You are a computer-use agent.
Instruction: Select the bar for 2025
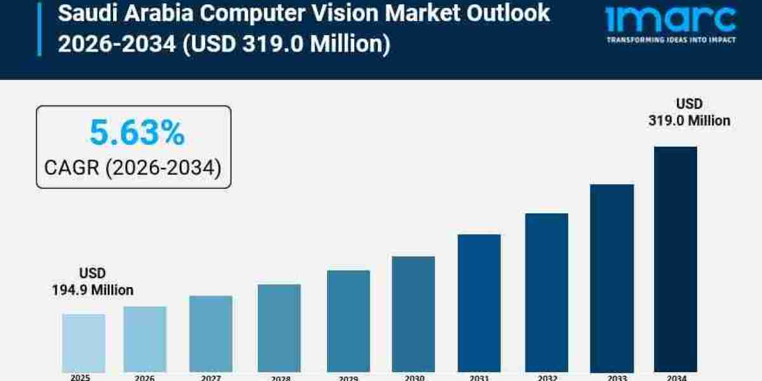83,343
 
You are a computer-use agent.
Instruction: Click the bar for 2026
145,339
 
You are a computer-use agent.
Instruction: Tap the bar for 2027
211,334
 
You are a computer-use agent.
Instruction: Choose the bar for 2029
348,321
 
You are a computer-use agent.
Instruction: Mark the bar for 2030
413,314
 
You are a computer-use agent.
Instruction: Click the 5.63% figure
137,133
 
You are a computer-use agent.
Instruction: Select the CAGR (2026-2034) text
133,168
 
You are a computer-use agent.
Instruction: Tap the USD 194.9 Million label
93,281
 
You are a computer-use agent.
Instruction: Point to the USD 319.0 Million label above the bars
689,112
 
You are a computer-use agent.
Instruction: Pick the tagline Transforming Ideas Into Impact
671,39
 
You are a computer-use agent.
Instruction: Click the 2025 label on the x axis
80,377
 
